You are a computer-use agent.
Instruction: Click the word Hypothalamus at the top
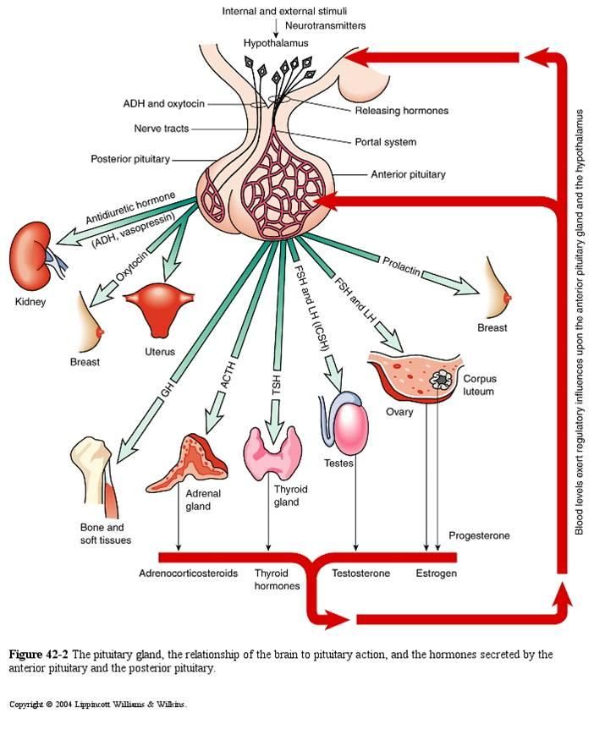[x=276, y=41]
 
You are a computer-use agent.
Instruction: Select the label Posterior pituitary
[x=130, y=159]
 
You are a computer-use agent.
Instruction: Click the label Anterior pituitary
[x=408, y=174]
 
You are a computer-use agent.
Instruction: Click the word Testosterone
[x=361, y=573]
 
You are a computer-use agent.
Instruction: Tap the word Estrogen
[x=436, y=573]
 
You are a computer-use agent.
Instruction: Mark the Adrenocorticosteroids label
[x=188, y=573]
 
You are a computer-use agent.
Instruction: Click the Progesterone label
[x=479, y=536]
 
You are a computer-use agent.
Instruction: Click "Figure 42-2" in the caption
[x=39, y=654]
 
